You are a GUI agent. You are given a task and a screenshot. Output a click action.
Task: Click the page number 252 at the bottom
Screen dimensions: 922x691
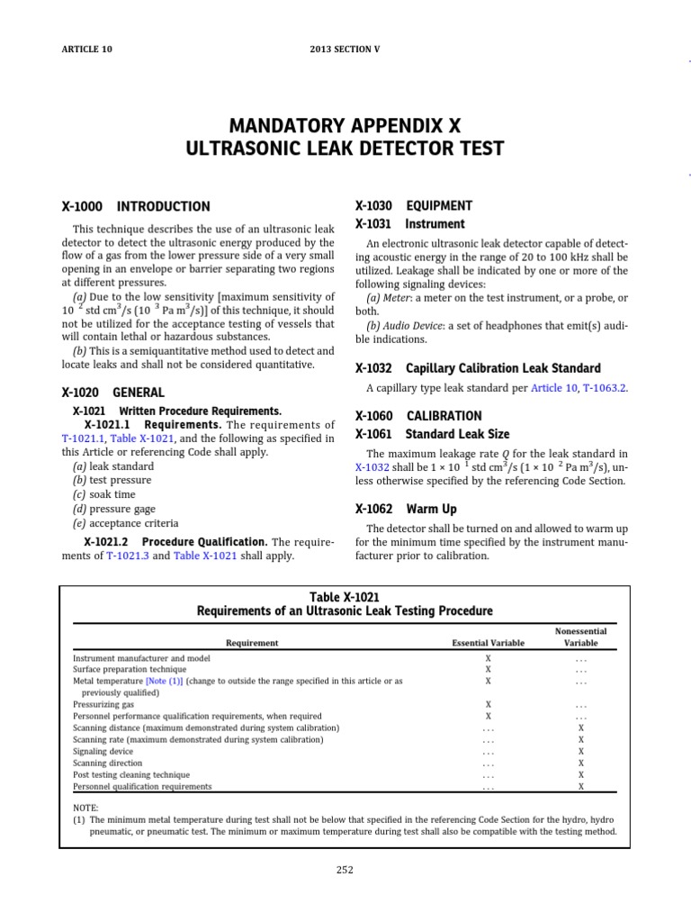(x=345, y=870)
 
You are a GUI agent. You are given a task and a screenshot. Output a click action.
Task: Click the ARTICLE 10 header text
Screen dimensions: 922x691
(x=87, y=50)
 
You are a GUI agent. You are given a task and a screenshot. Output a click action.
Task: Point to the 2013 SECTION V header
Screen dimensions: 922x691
(x=345, y=50)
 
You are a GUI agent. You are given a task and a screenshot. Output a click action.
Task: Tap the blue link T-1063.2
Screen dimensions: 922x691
(x=605, y=387)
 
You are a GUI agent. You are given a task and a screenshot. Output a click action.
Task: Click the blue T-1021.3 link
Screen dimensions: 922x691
(x=124, y=556)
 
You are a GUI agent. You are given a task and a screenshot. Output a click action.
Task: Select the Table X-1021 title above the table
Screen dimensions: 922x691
(x=345, y=597)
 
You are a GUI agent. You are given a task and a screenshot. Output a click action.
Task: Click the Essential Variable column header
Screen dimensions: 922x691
(x=489, y=643)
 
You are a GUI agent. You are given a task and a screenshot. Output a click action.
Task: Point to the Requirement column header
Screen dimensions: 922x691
(x=252, y=643)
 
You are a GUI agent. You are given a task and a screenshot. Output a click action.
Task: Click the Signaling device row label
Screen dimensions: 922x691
(x=103, y=751)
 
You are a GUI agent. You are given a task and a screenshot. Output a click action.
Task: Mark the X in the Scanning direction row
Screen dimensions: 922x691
(x=580, y=763)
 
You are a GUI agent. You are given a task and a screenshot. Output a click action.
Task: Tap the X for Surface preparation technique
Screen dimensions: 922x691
(x=489, y=670)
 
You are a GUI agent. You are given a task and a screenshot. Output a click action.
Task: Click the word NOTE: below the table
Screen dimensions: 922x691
(x=85, y=808)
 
